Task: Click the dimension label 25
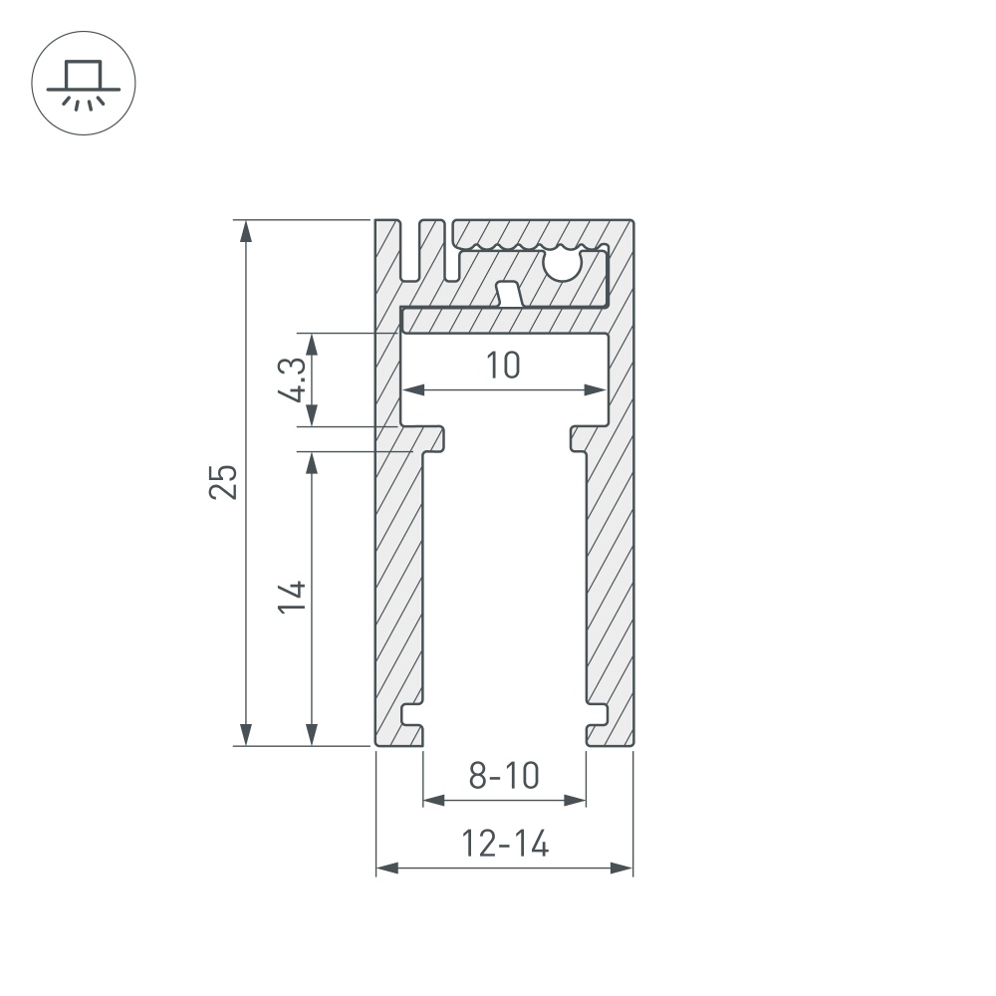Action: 224,481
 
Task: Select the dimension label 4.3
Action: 293,379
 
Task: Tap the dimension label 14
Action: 292,596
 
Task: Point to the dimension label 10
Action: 504,366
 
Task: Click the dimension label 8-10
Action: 504,775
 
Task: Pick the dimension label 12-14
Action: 505,845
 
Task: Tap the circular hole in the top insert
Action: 565,264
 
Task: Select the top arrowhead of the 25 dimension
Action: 245,230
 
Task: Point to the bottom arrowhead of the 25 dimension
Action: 245,734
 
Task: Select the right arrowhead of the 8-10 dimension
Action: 575,799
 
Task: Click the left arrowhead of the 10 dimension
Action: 412,389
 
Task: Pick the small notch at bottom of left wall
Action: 409,715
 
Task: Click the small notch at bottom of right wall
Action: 598,715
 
